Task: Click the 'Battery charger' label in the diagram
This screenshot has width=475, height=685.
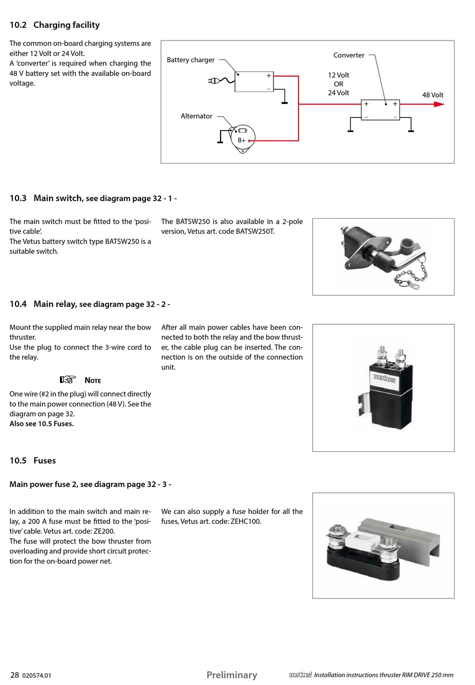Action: click(x=190, y=60)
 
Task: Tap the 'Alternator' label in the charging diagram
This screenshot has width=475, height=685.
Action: click(x=196, y=116)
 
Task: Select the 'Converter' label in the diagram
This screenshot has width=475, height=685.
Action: click(x=348, y=56)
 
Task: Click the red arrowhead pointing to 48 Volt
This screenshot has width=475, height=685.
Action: click(x=439, y=104)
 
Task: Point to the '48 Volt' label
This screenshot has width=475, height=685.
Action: click(x=432, y=95)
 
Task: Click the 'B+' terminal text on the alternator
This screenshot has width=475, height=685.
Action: click(x=241, y=141)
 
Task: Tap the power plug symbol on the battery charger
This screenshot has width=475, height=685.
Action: click(x=213, y=81)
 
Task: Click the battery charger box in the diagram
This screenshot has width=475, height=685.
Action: click(x=254, y=82)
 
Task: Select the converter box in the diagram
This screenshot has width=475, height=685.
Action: click(x=380, y=110)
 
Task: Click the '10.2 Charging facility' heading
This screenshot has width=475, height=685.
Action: click(x=54, y=25)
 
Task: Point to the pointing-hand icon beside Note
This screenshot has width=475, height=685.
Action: click(x=67, y=379)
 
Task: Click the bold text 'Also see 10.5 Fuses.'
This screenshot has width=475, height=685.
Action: click(x=41, y=424)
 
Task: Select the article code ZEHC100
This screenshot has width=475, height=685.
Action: click(x=246, y=521)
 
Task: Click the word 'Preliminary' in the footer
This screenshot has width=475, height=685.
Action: click(x=231, y=675)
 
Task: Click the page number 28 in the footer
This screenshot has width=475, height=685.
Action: click(x=14, y=675)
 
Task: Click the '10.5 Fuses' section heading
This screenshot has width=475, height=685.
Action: click(x=32, y=460)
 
